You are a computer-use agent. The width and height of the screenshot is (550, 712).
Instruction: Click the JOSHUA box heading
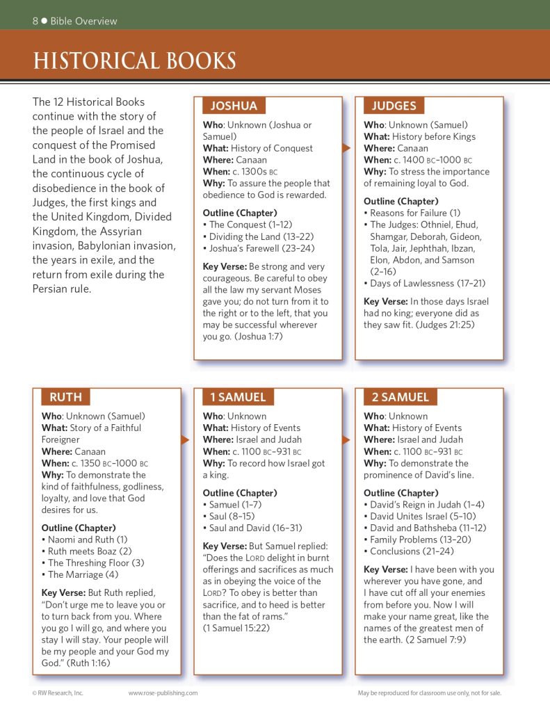[234, 106]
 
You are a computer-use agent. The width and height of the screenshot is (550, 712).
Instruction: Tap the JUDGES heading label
[394, 106]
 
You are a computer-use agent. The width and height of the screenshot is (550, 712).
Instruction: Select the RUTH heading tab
[65, 397]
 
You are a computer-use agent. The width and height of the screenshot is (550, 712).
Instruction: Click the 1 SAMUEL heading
[238, 397]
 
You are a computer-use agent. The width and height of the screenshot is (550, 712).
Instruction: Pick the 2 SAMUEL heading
[400, 397]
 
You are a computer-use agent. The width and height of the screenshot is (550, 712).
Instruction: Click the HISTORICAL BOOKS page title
[135, 61]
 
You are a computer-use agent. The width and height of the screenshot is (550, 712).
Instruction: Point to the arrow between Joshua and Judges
[346, 148]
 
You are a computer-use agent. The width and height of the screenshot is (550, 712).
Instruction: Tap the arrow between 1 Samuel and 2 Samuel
[346, 439]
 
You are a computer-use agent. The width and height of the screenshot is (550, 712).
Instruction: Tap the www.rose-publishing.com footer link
[163, 693]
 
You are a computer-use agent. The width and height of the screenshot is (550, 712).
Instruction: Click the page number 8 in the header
[35, 21]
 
